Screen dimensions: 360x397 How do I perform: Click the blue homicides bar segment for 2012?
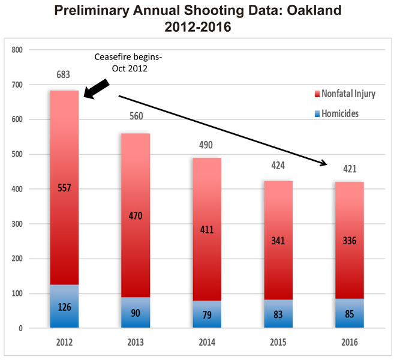tap(64, 306)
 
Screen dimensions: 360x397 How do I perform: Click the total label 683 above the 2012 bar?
tap(64, 75)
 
